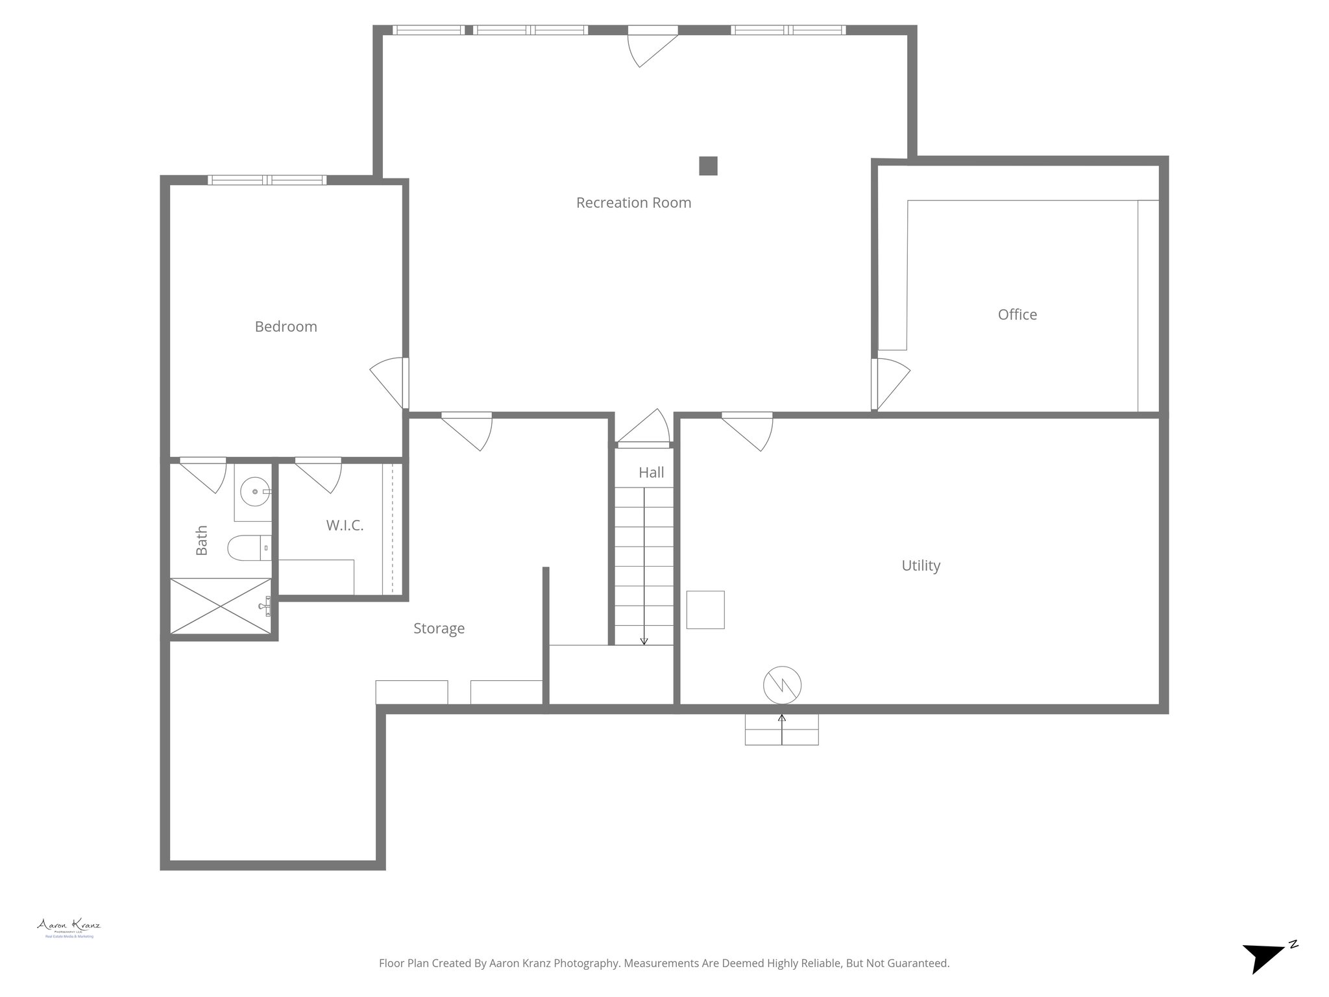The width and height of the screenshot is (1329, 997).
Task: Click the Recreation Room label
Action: coord(633,203)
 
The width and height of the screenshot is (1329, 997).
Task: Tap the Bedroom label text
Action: coord(286,326)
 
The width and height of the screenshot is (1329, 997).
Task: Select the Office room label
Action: coord(1017,315)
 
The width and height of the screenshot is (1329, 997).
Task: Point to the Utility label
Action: coord(920,565)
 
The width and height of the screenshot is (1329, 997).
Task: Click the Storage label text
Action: coord(439,628)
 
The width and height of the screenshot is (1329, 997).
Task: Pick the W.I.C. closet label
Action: coord(345,525)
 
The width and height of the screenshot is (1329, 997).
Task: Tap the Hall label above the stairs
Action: coord(651,473)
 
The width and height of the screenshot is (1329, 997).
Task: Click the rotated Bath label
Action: coord(202,540)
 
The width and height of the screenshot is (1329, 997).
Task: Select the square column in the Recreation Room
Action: coord(708,166)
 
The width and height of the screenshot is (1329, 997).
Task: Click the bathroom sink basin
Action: coord(253,491)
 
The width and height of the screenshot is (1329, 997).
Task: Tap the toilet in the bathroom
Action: coord(247,548)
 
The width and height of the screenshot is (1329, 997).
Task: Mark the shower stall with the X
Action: coord(220,606)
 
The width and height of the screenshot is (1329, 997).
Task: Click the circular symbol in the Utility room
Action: coord(782,685)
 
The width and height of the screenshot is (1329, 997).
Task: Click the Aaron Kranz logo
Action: coord(69,926)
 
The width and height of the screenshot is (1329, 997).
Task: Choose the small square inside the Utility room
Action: coord(705,609)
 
